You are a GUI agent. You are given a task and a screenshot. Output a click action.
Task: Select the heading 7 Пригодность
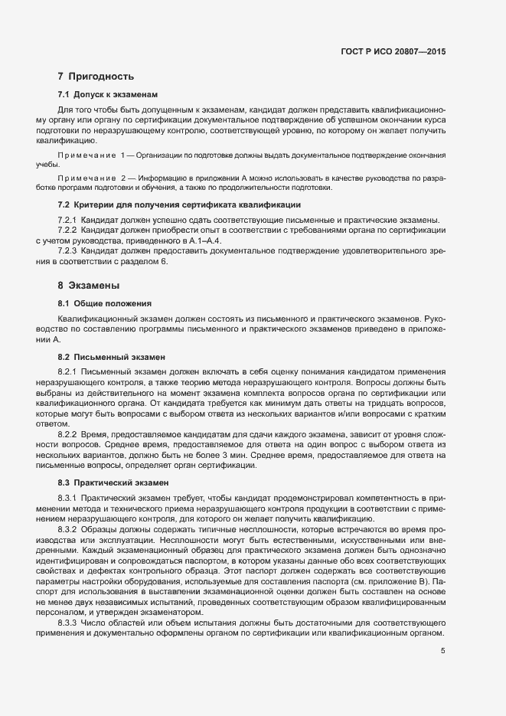click(x=96, y=77)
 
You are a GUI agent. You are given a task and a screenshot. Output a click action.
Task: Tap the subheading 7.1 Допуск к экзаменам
click(x=107, y=95)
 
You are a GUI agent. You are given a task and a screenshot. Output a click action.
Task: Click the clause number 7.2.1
click(x=68, y=220)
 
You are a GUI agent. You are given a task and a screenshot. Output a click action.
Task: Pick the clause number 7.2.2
click(x=68, y=230)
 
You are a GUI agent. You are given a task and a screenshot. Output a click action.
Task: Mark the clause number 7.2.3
click(x=68, y=251)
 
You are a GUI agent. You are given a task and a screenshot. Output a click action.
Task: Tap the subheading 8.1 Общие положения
click(x=105, y=303)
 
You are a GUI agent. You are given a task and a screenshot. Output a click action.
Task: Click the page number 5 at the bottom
click(x=442, y=651)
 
